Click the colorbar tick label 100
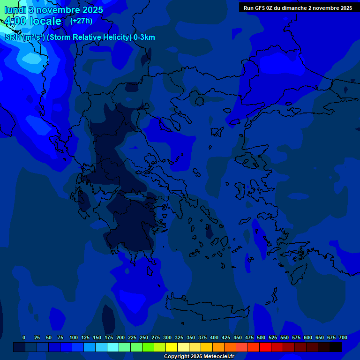click(74, 337)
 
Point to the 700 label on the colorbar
click(343, 337)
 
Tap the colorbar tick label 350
click(191, 337)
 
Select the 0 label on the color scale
click(24, 337)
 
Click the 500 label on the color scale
click(261, 337)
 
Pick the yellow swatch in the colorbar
click(172, 347)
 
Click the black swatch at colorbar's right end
click(336, 347)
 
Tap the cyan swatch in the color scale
click(113, 347)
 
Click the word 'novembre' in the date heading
click(56, 10)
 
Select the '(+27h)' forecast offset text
click(81, 21)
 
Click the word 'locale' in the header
click(45, 21)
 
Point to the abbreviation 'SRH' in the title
click(13, 37)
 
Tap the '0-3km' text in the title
click(144, 37)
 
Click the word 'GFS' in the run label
click(260, 8)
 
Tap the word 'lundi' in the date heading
click(14, 10)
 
